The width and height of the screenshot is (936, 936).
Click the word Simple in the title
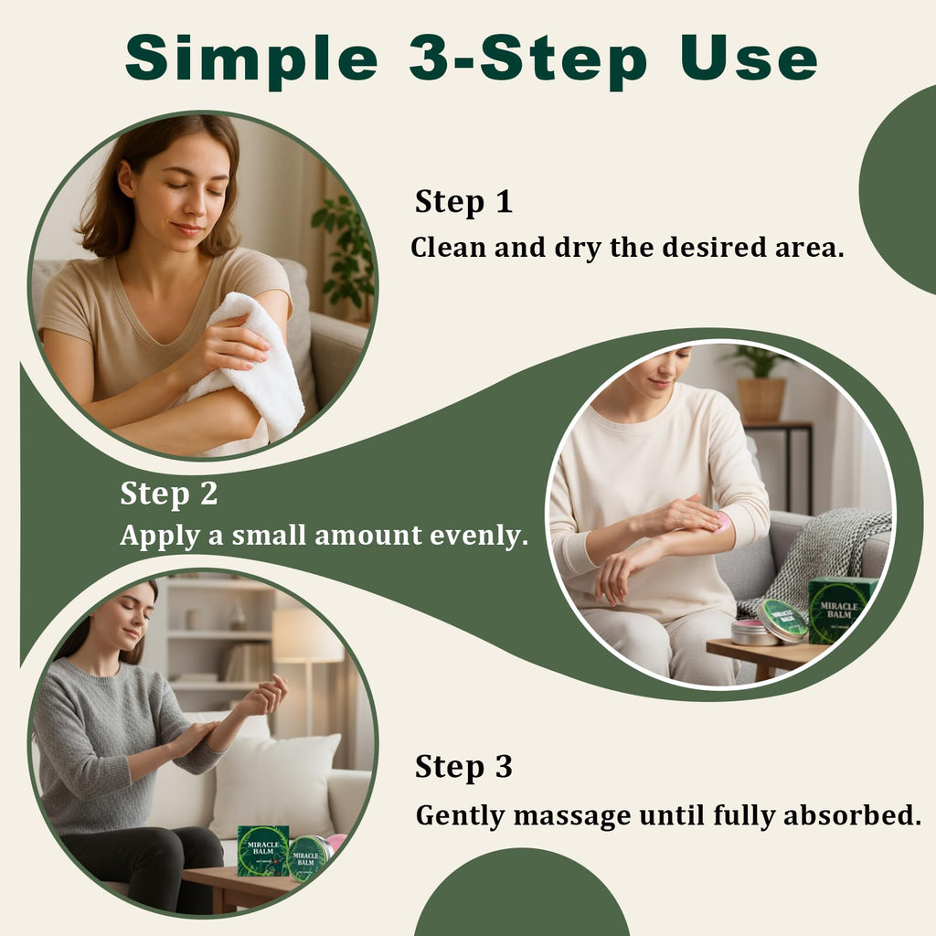[251, 58]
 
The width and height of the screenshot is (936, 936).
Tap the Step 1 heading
[463, 202]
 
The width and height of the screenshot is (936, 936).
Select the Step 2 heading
[169, 494]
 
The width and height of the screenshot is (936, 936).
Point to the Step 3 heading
[463, 767]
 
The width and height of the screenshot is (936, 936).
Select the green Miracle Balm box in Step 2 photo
[842, 610]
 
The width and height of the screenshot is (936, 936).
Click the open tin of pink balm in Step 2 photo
[753, 633]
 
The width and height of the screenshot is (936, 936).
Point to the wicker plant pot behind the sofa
[761, 399]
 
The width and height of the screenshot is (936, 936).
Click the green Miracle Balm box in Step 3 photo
[263, 851]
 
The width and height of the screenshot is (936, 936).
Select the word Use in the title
[749, 58]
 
